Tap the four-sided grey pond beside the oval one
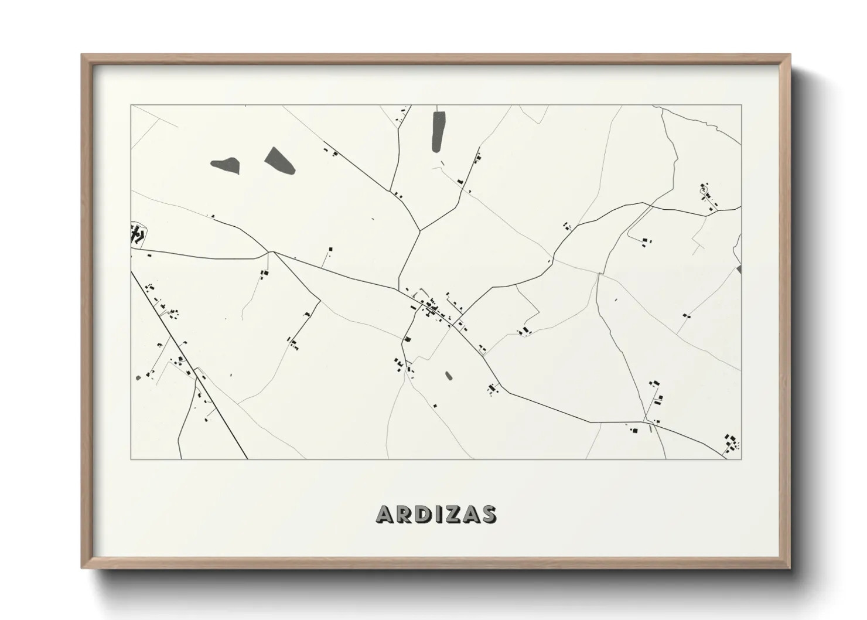coord(279,160)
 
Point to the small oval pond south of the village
coord(449,376)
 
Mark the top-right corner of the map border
coord(741,105)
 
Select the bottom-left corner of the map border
coord(131,459)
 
